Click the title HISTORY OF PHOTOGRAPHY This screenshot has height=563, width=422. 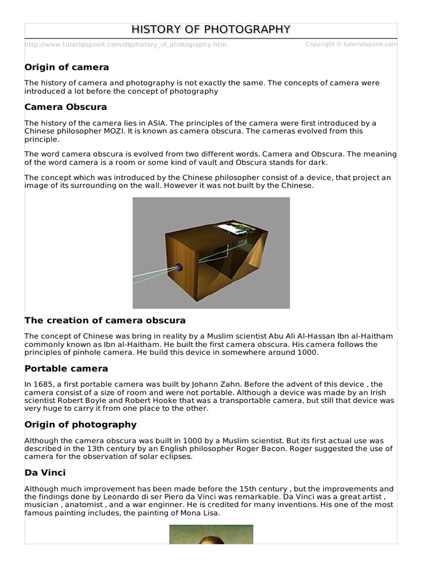[211, 30]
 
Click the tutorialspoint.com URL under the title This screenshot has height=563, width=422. [125, 45]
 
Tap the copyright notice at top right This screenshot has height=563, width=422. [351, 45]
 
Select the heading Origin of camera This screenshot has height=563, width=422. [67, 67]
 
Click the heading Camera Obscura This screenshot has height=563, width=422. [66, 107]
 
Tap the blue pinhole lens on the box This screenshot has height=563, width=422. [179, 268]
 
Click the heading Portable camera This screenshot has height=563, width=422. [66, 368]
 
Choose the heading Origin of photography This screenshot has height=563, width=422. [81, 424]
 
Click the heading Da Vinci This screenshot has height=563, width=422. [45, 472]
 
